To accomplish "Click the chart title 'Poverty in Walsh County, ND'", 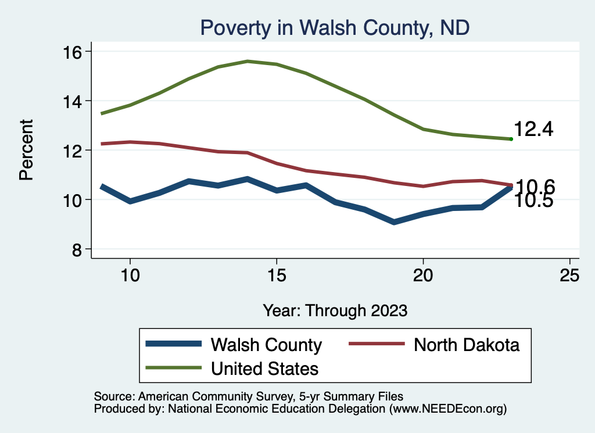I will click(x=334, y=27).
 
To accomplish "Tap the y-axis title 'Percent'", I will click(x=26, y=150).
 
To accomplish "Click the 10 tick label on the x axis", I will click(x=130, y=275).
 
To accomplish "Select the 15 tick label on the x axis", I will click(x=277, y=275).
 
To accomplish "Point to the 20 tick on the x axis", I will click(x=423, y=275).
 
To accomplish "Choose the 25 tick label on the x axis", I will click(x=569, y=275).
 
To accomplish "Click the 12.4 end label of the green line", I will click(x=533, y=130).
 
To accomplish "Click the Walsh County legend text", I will click(x=266, y=345).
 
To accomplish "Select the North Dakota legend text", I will click(x=466, y=345).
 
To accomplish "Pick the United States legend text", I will click(x=264, y=368).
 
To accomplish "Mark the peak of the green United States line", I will click(x=248, y=61).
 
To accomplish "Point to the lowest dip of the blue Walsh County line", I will click(x=394, y=222).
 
